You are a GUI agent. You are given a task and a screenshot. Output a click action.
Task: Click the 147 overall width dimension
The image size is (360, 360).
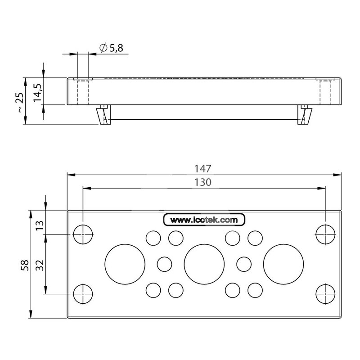(203, 169)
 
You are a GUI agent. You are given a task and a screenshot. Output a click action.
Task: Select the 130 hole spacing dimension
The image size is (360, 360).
(203, 182)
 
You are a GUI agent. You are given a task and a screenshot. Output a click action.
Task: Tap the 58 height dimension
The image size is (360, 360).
(25, 265)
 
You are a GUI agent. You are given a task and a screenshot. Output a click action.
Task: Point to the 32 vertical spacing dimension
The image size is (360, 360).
(40, 265)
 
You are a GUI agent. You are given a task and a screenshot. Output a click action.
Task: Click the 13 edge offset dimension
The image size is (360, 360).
(40, 226)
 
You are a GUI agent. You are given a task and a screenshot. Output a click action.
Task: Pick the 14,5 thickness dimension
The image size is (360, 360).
(37, 93)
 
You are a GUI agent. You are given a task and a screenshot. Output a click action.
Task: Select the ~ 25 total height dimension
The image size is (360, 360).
(20, 103)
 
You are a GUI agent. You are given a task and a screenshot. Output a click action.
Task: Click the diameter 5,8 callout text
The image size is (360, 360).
(111, 48)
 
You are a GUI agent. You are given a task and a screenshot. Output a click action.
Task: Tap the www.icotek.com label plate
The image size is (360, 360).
(204, 220)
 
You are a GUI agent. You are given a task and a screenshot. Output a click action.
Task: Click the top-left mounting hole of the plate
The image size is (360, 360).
(83, 234)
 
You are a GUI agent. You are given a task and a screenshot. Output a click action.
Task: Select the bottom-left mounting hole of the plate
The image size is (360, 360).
(83, 294)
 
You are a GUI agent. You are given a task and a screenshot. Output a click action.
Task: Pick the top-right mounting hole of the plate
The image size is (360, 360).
(325, 234)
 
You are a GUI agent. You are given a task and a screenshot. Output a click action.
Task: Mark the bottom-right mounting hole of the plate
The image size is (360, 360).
(325, 294)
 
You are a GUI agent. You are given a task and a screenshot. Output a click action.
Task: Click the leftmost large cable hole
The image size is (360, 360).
(125, 264)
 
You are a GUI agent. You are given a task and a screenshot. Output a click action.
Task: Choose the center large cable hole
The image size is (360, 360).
(204, 264)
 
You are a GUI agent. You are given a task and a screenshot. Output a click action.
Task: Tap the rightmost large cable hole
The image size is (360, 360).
(283, 264)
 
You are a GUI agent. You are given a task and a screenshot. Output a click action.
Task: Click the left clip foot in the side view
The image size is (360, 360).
(104, 115)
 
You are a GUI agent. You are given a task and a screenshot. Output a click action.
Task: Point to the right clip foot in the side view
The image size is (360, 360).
(305, 115)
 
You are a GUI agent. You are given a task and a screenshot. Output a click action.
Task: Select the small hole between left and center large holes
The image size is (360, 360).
(164, 264)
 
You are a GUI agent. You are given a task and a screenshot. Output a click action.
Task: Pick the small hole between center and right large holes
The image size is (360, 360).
(244, 264)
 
